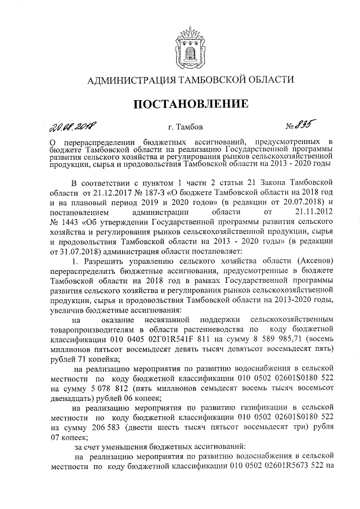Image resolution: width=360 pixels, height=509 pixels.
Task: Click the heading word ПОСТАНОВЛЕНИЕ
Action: [x=180, y=103]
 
